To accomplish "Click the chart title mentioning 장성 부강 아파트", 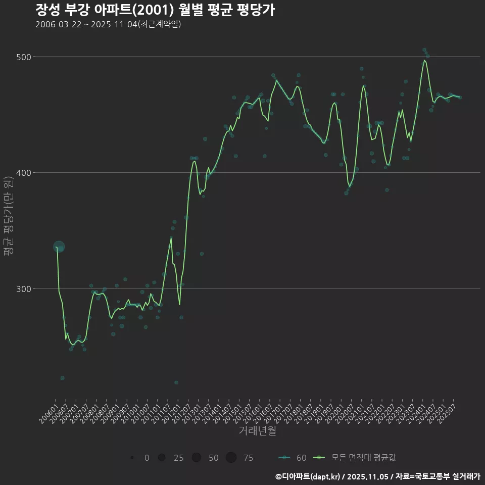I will [x=155, y=10].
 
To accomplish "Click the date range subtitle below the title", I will [x=108, y=24].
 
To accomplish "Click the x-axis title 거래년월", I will [x=257, y=431].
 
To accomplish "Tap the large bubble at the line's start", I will [x=59, y=247].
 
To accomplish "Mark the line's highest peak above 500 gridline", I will [x=424, y=61].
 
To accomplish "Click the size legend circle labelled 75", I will [x=231, y=458].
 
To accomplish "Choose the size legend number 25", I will [x=178, y=458].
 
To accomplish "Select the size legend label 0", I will [x=147, y=458].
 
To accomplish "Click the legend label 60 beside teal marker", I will [x=301, y=458].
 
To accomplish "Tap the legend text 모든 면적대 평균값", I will [x=363, y=458].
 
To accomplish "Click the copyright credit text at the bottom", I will [x=377, y=476].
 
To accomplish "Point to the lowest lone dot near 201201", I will [x=176, y=382].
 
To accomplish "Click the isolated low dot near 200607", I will [x=62, y=378].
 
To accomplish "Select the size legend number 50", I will [x=214, y=458].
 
